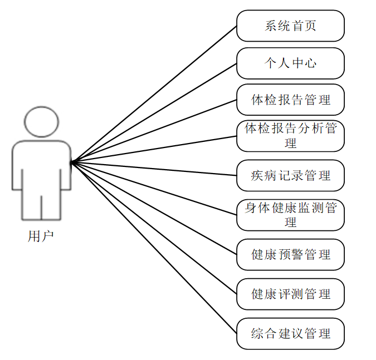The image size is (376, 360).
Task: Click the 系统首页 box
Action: pyautogui.click(x=290, y=26)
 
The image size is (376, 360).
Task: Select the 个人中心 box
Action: pyautogui.click(x=290, y=63)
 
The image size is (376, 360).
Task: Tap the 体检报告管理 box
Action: pyautogui.click(x=290, y=100)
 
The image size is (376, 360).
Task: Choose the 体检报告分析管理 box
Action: pyautogui.click(x=290, y=136)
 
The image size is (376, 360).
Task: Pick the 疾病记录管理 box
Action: pyautogui.click(x=290, y=176)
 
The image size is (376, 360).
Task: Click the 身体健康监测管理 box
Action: pyautogui.click(x=290, y=215)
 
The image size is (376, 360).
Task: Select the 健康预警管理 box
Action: pyautogui.click(x=290, y=255)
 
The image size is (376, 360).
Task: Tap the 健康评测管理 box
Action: pyautogui.click(x=290, y=294)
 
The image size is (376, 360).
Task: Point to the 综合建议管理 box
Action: pyautogui.click(x=290, y=334)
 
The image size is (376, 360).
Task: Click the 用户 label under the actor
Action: pyautogui.click(x=41, y=236)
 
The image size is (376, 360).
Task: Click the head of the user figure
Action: pyautogui.click(x=42, y=122)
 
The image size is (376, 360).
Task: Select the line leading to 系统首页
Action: pyautogui.click(x=154, y=94)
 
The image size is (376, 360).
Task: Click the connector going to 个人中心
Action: pyautogui.click(x=154, y=113)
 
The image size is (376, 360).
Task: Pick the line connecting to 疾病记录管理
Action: pyautogui.click(x=154, y=169)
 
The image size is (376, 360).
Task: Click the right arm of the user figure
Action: pyautogui.click(x=66, y=167)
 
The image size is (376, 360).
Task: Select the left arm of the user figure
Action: pyautogui.click(x=17, y=167)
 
